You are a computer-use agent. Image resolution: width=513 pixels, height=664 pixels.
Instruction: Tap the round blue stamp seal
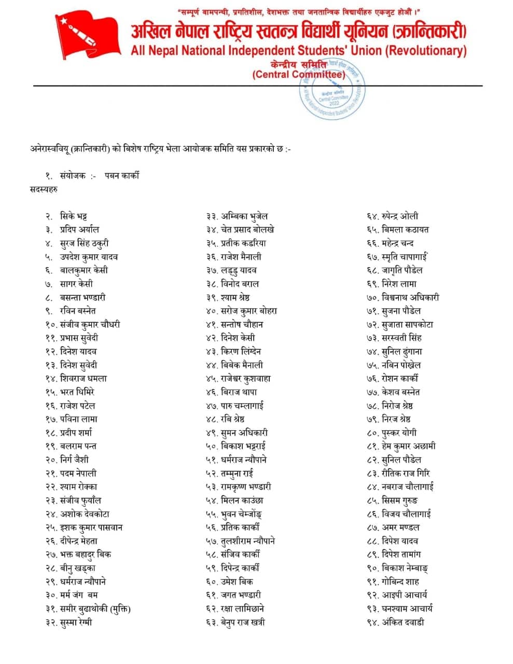[x=332, y=88]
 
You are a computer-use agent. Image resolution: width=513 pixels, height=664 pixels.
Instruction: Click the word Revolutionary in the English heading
[x=425, y=51]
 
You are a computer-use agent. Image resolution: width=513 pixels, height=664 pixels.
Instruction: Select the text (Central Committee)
[x=299, y=75]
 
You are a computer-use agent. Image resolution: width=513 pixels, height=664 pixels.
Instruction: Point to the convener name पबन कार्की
[x=122, y=175]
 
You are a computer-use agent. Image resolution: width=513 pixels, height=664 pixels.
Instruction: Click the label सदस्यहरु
[x=44, y=189]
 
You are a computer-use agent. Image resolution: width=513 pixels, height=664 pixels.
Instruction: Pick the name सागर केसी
[x=76, y=284]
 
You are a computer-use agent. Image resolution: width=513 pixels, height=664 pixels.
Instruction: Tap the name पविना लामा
[x=79, y=419]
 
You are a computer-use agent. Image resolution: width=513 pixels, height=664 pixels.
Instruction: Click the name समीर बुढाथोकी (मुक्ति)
[x=95, y=608]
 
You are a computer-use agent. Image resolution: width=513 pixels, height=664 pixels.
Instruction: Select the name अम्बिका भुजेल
[x=244, y=216]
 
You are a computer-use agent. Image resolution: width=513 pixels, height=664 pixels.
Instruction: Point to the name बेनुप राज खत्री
[x=243, y=622]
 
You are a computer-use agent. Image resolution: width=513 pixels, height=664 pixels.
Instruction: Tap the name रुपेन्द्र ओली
[x=400, y=216]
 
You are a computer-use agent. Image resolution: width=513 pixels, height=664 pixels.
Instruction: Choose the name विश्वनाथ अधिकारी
[x=410, y=297]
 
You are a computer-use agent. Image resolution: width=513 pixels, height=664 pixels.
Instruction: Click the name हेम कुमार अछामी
[x=409, y=446]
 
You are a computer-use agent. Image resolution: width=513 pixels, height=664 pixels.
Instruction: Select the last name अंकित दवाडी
[x=403, y=622]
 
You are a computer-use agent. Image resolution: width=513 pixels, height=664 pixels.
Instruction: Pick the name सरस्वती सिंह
[x=401, y=338]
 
